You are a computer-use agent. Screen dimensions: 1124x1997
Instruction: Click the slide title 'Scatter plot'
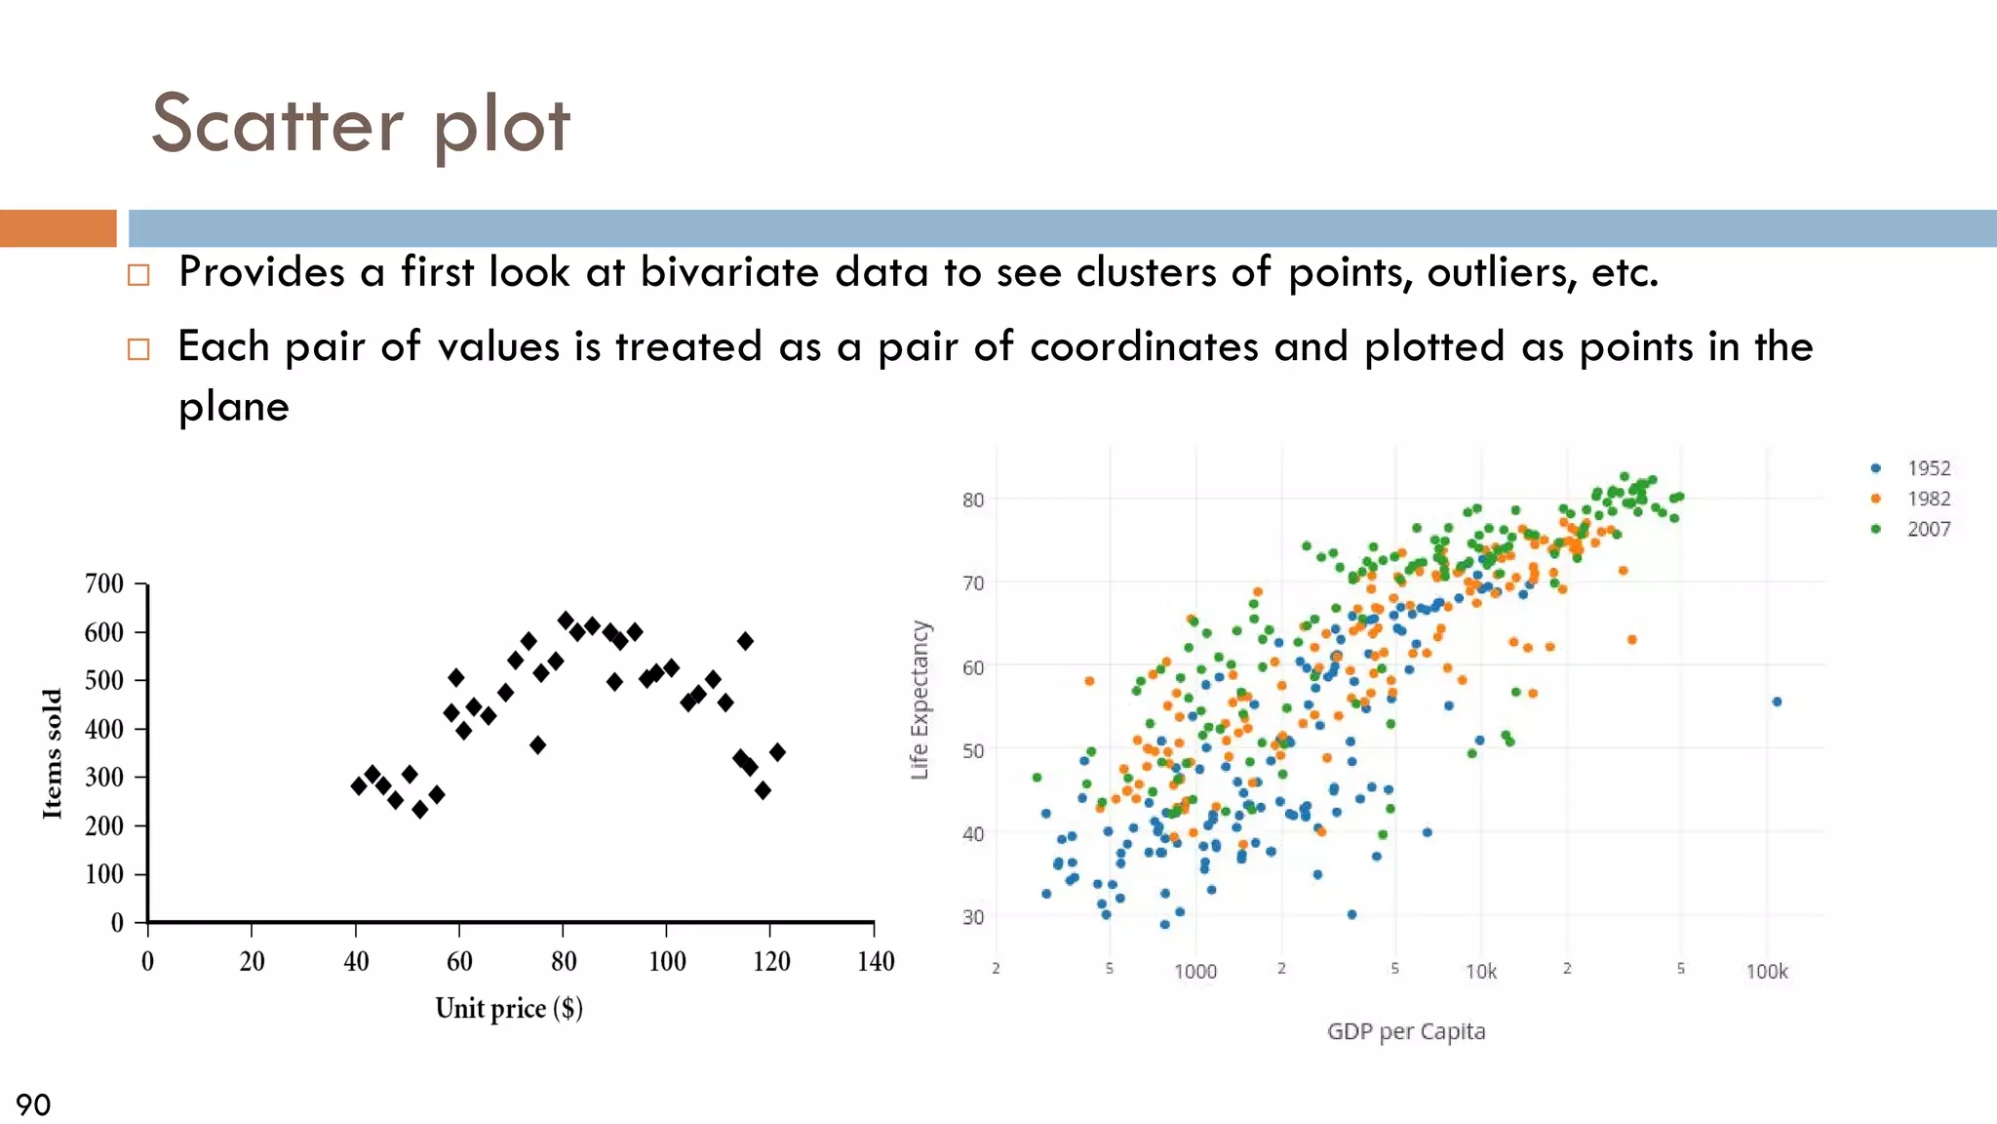click(361, 125)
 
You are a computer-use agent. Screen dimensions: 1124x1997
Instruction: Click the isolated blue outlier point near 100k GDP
click(1777, 702)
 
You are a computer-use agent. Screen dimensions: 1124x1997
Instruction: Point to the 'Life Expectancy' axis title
click(920, 700)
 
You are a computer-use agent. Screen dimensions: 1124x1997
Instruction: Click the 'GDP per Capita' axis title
click(1405, 1031)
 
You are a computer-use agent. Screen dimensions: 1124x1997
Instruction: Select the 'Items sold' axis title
click(53, 753)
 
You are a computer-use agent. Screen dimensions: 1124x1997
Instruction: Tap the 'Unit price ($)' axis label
click(509, 1008)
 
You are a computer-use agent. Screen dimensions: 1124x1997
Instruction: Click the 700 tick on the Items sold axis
click(104, 583)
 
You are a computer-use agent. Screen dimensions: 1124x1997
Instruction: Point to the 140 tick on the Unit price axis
click(875, 962)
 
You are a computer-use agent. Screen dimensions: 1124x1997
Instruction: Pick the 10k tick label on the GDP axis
click(1480, 972)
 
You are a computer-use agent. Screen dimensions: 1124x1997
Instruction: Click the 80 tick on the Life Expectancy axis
click(973, 501)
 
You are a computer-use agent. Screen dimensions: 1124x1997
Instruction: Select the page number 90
click(33, 1104)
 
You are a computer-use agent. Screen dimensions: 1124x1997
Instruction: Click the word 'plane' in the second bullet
click(234, 407)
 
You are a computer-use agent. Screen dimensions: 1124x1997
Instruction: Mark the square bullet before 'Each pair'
click(138, 349)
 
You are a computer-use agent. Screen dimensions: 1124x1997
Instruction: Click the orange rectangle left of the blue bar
click(58, 228)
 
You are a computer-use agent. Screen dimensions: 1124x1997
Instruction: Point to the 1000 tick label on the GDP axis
click(1194, 972)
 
